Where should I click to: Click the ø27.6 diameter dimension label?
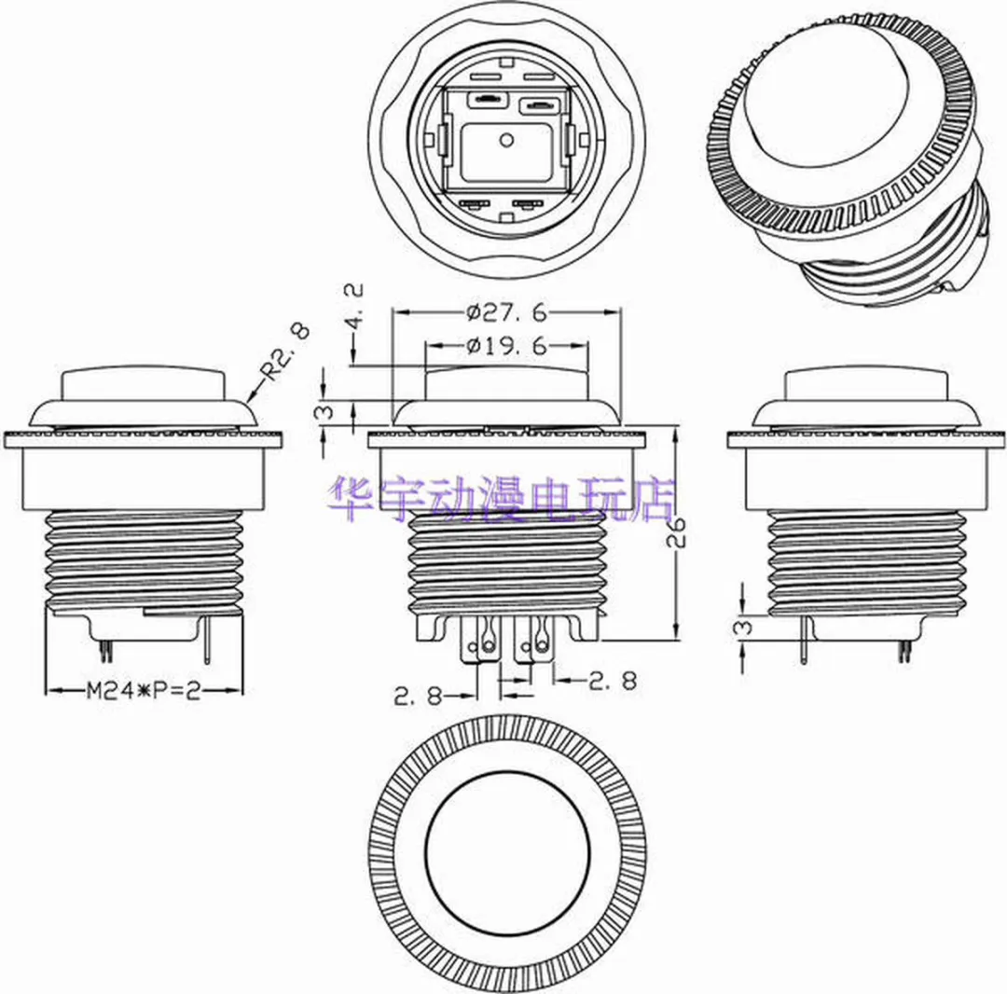(x=506, y=312)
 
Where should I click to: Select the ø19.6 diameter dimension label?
(x=506, y=346)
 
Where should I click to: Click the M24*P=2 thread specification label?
(x=144, y=691)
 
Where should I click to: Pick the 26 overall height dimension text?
(x=676, y=532)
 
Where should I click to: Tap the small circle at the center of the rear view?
(x=506, y=139)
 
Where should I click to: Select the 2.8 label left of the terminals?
(x=418, y=696)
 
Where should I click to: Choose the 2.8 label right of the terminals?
(x=613, y=681)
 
